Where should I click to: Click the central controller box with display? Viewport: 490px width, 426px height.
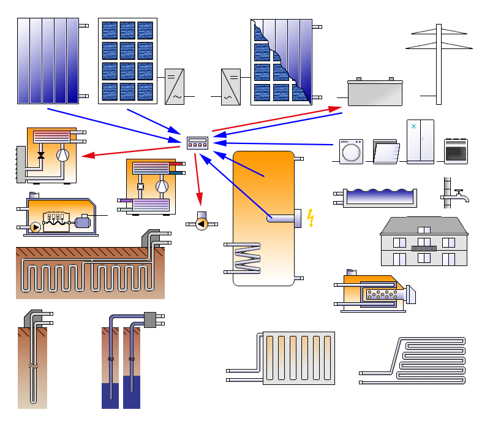pos(197,142)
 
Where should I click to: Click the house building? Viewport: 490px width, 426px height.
pos(423,242)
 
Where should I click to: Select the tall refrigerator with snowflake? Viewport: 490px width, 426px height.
pos(420,142)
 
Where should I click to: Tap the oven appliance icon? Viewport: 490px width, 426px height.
pos(456,151)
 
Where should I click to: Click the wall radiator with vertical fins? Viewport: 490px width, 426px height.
pos(299,359)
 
